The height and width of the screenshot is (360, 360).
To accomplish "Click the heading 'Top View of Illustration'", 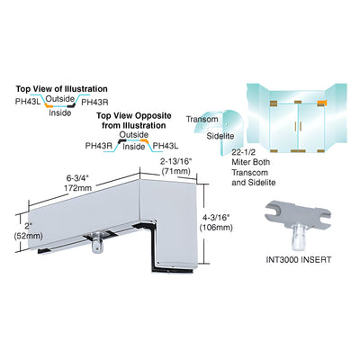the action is (61, 89).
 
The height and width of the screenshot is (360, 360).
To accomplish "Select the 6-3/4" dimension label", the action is (78, 178).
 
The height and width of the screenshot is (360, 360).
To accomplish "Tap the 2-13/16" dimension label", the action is (175, 162).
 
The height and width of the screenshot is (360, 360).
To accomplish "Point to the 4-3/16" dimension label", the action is (216, 217).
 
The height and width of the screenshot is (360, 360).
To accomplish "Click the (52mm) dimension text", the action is (29, 236).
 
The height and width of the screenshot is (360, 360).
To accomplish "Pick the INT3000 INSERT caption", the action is (299, 259).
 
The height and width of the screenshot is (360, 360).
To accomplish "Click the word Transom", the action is (202, 119).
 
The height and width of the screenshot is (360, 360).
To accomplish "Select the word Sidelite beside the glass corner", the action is (220, 136).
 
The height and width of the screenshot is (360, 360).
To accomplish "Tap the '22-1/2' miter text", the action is (243, 152).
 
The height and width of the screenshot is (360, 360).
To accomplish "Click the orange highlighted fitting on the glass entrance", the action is (321, 103).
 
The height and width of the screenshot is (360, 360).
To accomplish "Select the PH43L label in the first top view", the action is (28, 102).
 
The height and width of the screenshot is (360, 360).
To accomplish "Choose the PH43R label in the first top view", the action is (94, 102).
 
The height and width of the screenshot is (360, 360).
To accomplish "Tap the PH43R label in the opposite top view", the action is (99, 146).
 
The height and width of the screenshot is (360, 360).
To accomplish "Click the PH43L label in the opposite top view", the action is (166, 146).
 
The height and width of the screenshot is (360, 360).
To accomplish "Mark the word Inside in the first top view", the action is (60, 112).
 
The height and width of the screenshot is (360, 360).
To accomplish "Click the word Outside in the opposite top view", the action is (134, 135).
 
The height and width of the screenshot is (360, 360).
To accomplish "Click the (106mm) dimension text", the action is (216, 228).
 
